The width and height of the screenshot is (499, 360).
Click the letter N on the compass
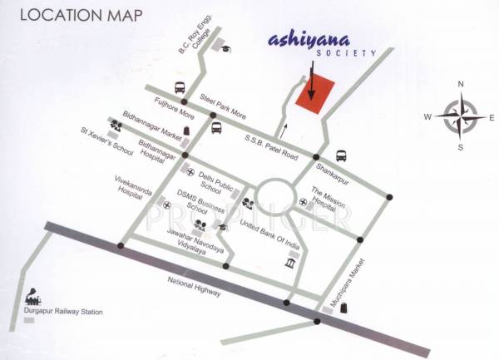(x=460, y=85)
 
